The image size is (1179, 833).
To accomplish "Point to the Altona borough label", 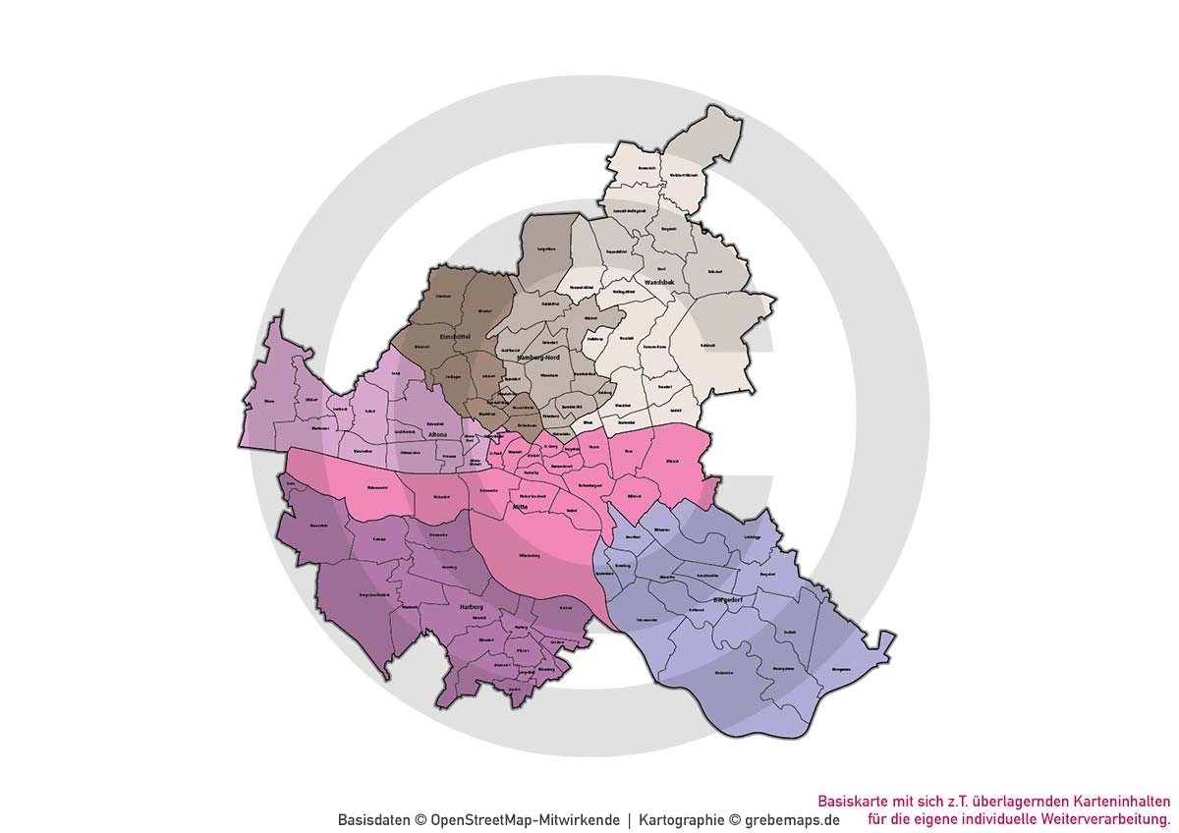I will click(438, 433).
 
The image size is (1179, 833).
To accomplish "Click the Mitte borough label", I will click(534, 508).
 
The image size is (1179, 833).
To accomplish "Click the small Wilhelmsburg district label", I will click(529, 556).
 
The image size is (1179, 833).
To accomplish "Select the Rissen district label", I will click(268, 401).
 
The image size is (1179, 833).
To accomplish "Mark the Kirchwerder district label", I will click(724, 672).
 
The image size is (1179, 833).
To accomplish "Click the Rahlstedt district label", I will click(709, 346).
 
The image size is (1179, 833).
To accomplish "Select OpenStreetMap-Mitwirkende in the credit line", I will click(526, 819).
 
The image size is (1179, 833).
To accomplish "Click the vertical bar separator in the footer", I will click(629, 819).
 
